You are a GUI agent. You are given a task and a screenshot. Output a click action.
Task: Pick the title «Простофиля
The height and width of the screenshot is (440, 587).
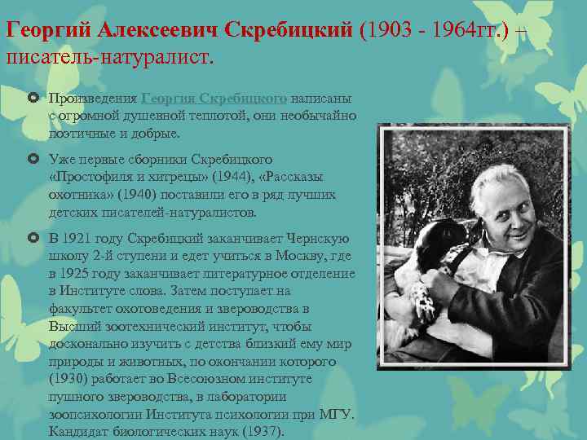point(87,177)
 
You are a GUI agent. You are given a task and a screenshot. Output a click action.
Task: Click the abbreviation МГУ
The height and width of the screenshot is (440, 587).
point(334,414)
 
